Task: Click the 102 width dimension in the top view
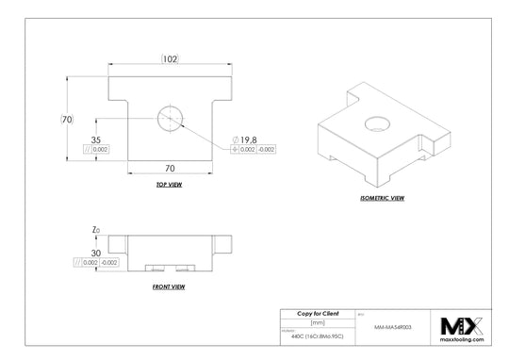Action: click(x=171, y=57)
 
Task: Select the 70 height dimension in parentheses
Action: click(x=67, y=120)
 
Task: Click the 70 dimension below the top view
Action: click(x=171, y=168)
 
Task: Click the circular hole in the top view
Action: click(x=170, y=117)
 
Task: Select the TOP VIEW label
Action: click(x=170, y=186)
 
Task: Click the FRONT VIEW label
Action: click(x=169, y=286)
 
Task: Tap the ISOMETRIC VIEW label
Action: click(x=382, y=199)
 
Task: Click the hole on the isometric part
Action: click(x=377, y=122)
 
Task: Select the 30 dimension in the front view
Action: click(x=96, y=252)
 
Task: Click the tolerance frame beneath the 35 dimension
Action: click(x=96, y=149)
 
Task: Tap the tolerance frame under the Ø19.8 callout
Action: click(x=254, y=149)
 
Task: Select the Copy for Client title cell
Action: click(x=317, y=312)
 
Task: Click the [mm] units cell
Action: click(x=317, y=321)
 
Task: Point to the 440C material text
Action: click(x=317, y=335)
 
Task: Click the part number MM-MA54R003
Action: click(x=393, y=327)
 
